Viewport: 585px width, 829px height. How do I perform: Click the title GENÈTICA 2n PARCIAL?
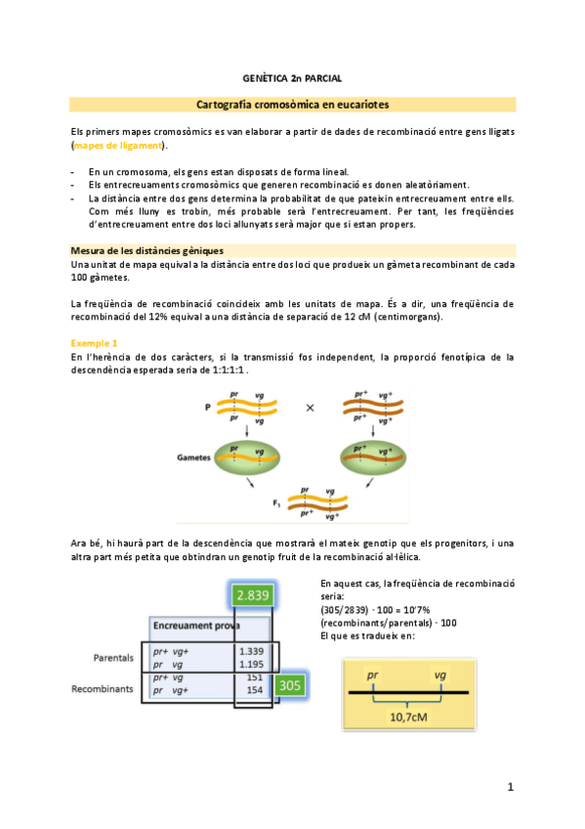click(292, 78)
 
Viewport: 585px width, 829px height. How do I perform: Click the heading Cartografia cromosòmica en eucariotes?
click(293, 105)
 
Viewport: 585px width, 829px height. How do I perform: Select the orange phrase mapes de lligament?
click(118, 146)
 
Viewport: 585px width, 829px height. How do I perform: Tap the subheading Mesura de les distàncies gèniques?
click(146, 250)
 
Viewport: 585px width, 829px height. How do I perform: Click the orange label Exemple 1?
click(94, 343)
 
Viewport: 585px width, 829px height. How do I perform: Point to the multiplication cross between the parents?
click(310, 408)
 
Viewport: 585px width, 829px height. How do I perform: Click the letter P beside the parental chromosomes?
click(207, 407)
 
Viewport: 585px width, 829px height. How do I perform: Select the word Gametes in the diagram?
click(193, 458)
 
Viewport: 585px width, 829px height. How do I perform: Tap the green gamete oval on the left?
click(246, 458)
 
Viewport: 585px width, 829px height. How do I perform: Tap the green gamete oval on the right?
click(373, 458)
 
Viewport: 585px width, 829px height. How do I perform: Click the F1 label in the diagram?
click(276, 503)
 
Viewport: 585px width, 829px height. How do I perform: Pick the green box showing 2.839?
click(253, 595)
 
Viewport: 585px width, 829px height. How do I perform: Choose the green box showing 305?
click(289, 685)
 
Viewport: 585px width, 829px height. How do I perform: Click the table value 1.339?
click(251, 651)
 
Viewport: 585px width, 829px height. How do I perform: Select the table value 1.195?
click(251, 665)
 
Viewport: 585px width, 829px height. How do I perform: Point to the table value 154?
click(255, 690)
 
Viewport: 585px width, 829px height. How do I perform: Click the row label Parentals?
click(113, 658)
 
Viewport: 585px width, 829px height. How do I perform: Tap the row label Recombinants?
click(103, 689)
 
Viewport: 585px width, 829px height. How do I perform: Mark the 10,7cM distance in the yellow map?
click(408, 718)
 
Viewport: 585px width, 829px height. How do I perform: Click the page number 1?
click(511, 787)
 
